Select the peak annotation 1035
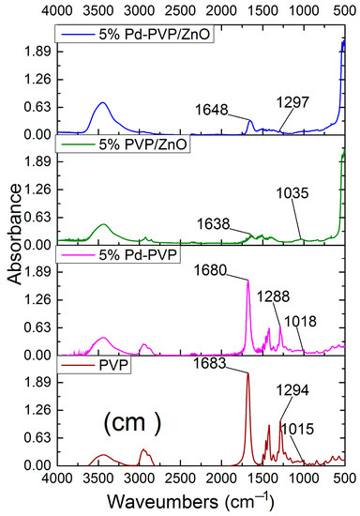point(295,194)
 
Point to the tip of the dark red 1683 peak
point(248,374)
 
